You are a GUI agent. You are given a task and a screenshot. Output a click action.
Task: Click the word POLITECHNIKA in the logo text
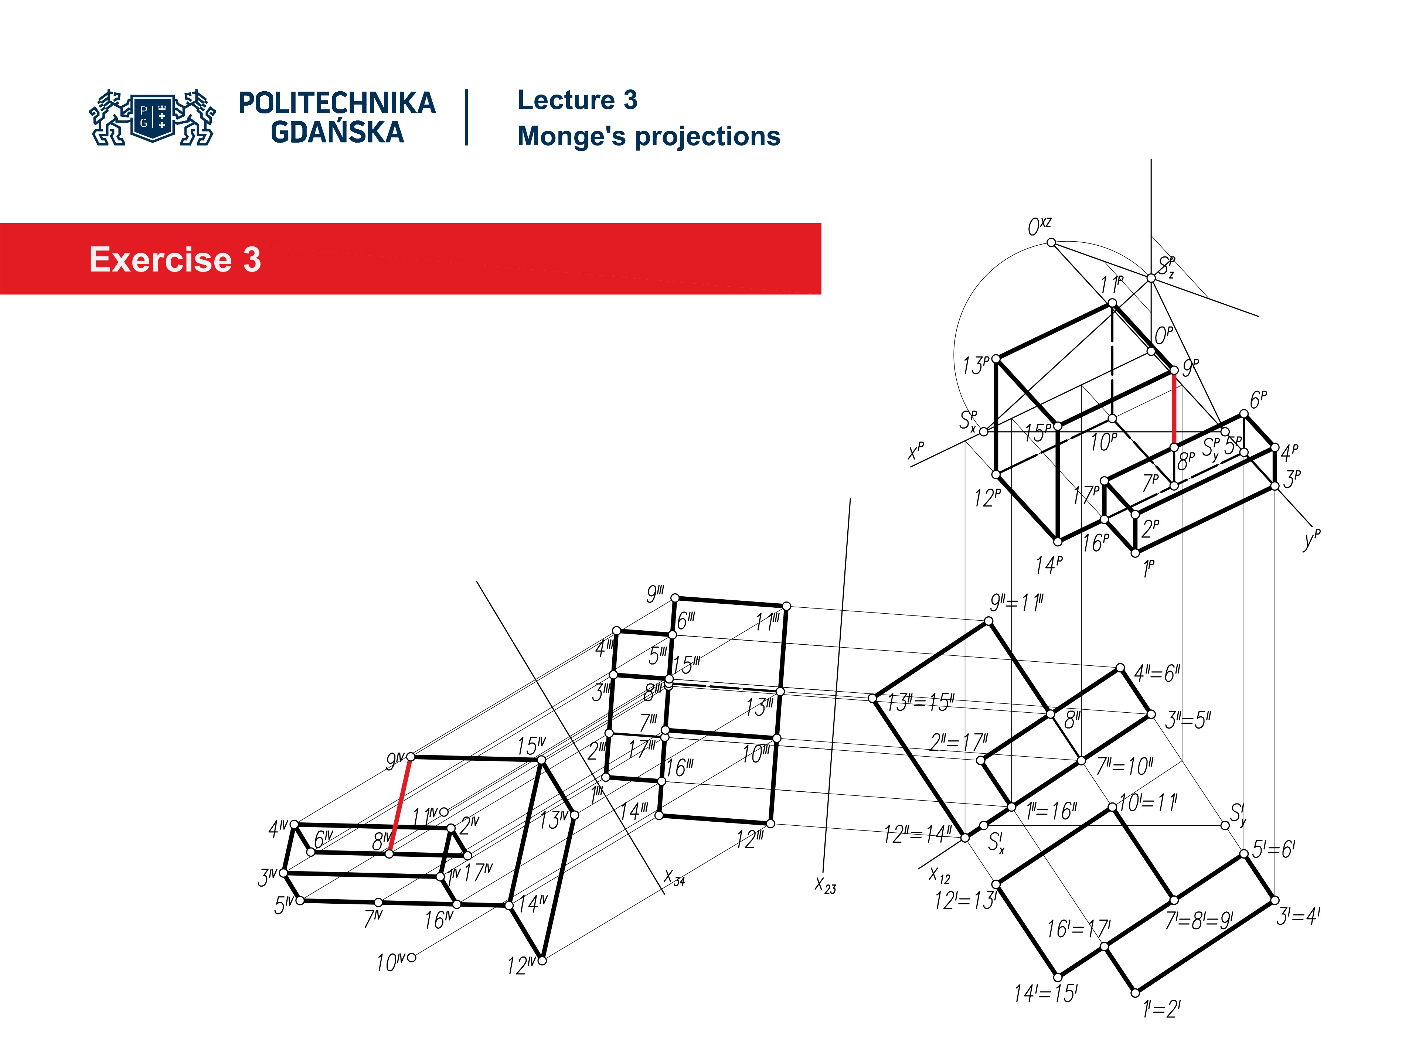pyautogui.click(x=337, y=103)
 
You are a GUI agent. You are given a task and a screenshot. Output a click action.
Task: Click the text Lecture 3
pyautogui.click(x=577, y=100)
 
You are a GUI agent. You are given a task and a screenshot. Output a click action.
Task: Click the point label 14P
pyautogui.click(x=1048, y=565)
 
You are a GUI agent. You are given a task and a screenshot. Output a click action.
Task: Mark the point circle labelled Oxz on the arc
pyautogui.click(x=1051, y=242)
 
